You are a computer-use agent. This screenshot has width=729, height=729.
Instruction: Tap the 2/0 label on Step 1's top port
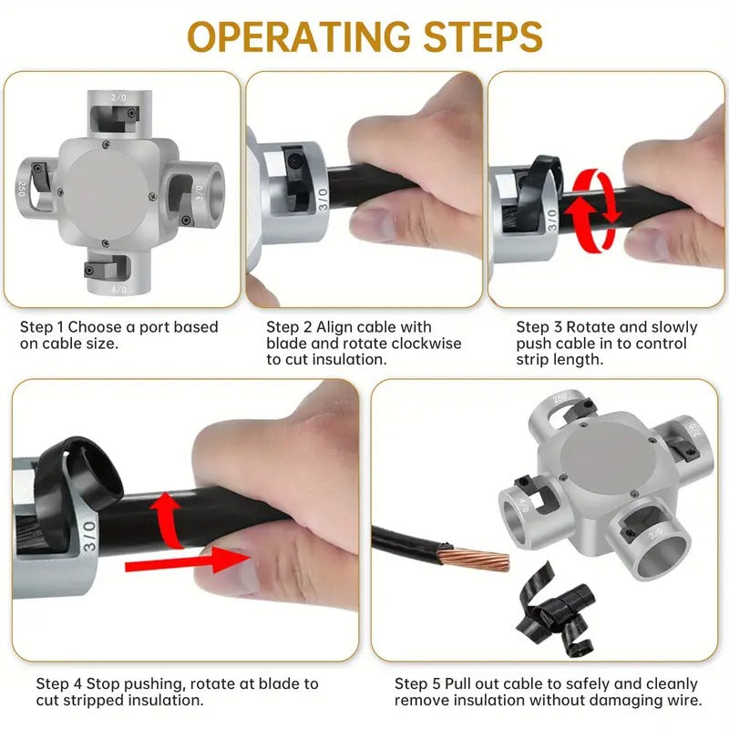pyautogui.click(x=118, y=97)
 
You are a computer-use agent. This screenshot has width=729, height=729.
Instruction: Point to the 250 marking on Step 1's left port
pyautogui.click(x=20, y=190)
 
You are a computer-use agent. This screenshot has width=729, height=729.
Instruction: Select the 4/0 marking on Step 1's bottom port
pyautogui.click(x=118, y=290)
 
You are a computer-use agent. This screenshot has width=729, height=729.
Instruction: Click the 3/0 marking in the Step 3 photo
pyautogui.click(x=552, y=219)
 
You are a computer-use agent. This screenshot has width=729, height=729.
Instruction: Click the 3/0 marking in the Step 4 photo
pyautogui.click(x=88, y=538)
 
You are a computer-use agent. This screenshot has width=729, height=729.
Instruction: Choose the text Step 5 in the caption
pyautogui.click(x=413, y=683)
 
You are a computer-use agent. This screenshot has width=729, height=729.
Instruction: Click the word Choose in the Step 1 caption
pyautogui.click(x=92, y=326)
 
